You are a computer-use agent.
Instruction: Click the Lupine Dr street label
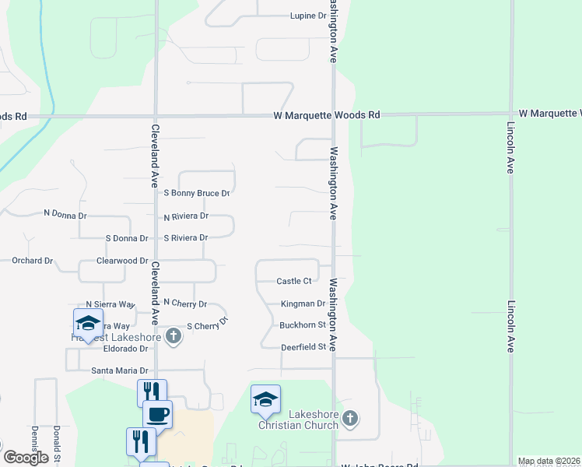pyautogui.click(x=307, y=16)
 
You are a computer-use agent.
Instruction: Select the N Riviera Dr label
pyautogui.click(x=186, y=216)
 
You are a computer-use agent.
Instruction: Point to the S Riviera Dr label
pyautogui.click(x=186, y=237)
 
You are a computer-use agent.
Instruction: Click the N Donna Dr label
pyautogui.click(x=65, y=212)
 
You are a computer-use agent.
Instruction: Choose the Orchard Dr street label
pyautogui.click(x=32, y=261)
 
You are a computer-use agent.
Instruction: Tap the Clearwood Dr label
pyautogui.click(x=122, y=261)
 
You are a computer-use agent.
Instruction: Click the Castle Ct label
pyautogui.click(x=294, y=281)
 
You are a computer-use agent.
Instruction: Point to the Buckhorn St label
pyautogui.click(x=302, y=325)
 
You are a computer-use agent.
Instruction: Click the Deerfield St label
pyautogui.click(x=303, y=346)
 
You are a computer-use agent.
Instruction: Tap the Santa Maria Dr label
pyautogui.click(x=119, y=370)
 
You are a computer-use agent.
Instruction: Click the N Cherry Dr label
pyautogui.click(x=185, y=304)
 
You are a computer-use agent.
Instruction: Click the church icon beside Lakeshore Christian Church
pyautogui.click(x=350, y=419)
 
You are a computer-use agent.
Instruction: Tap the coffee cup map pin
pyautogui.click(x=157, y=414)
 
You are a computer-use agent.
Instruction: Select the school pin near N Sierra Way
pyautogui.click(x=88, y=324)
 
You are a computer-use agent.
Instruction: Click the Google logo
pyautogui.click(x=26, y=458)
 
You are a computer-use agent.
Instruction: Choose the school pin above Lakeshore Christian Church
pyautogui.click(x=265, y=400)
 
